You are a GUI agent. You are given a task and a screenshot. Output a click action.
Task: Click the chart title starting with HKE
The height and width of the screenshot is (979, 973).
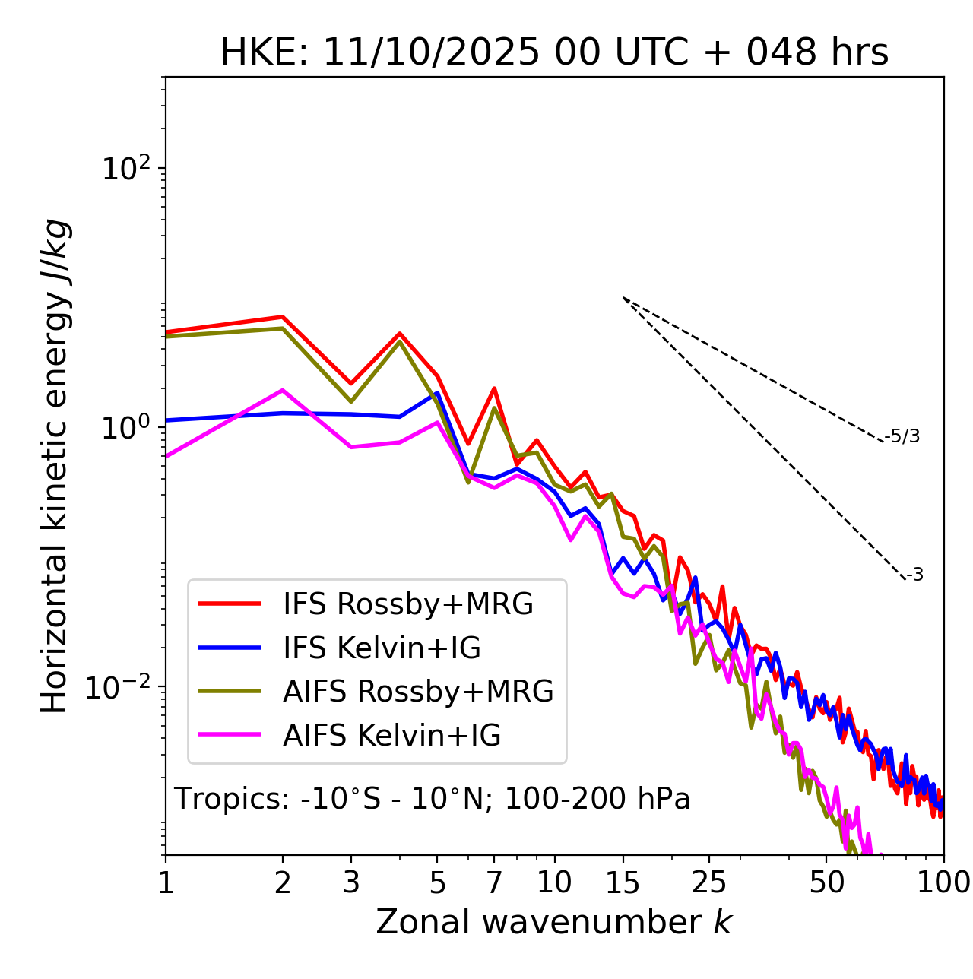click(x=554, y=52)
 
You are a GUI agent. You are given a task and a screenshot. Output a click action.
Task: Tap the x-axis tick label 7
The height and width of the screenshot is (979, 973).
click(x=494, y=882)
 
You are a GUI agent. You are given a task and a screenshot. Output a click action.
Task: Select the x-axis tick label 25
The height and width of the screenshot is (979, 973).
click(x=709, y=882)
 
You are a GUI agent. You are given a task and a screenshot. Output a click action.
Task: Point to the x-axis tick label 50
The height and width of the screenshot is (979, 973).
click(x=826, y=882)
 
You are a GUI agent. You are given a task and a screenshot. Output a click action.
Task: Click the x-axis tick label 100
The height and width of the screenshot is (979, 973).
click(x=943, y=882)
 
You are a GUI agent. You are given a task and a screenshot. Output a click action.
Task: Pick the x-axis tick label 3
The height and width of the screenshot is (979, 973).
click(x=350, y=882)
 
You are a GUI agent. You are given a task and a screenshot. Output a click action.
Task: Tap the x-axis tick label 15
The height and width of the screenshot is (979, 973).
click(x=623, y=882)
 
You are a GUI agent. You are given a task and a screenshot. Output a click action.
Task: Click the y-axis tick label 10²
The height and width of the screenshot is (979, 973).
click(x=127, y=169)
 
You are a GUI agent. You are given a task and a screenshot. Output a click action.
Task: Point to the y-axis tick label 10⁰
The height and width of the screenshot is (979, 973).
click(x=127, y=428)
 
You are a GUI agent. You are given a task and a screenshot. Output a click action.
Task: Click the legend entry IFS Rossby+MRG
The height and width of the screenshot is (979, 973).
click(x=407, y=604)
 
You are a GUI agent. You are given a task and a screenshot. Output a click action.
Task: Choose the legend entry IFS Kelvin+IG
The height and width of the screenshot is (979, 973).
click(x=382, y=648)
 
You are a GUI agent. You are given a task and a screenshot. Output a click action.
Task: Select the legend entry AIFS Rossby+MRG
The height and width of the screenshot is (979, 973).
click(x=418, y=692)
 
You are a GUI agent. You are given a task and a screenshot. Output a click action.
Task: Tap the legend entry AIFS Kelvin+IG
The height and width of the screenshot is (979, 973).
click(x=391, y=735)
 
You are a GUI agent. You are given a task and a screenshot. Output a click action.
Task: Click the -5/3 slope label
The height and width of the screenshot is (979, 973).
click(x=902, y=436)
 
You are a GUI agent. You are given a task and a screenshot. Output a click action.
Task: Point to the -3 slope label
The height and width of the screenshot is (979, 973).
click(x=914, y=575)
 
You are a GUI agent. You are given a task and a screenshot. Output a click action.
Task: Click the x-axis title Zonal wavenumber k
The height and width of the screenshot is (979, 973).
click(x=553, y=922)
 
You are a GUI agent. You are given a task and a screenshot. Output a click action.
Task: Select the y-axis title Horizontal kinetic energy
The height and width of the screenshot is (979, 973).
click(x=55, y=466)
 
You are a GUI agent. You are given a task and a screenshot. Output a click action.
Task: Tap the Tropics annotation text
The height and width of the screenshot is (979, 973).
click(x=432, y=799)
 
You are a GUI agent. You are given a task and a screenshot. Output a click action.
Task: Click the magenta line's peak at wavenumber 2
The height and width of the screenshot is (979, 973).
click(x=283, y=391)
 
